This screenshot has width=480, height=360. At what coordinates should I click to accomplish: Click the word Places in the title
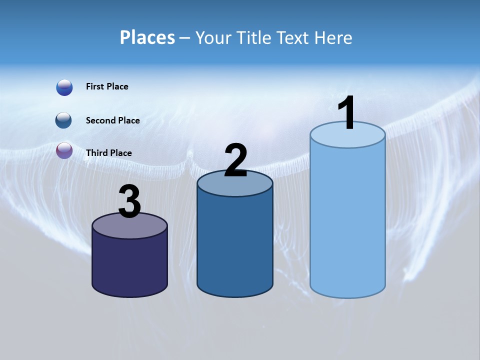coord(147,37)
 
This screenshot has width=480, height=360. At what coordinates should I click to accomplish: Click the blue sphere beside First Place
coord(64,87)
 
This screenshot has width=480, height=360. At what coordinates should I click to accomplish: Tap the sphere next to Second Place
coord(64,120)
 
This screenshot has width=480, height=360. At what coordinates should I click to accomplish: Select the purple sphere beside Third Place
coord(64,150)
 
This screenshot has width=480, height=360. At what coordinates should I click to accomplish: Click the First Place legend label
coord(107,86)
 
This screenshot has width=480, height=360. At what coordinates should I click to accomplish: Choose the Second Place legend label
coord(112,120)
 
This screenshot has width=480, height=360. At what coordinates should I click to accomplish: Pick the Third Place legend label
coord(108,153)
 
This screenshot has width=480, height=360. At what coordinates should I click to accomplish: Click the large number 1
coord(346,113)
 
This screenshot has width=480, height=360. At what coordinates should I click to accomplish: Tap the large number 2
coord(235,160)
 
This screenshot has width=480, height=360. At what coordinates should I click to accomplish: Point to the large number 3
coord(129,201)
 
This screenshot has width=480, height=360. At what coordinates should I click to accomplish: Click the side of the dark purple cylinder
coord(129,265)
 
